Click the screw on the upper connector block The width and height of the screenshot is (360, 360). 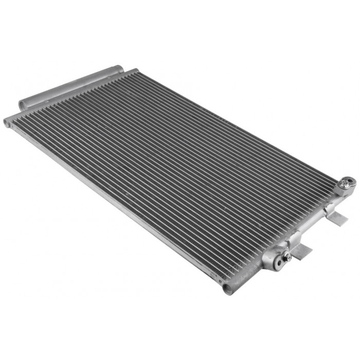(348, 181)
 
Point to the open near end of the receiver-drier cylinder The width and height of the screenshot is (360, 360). (23, 105)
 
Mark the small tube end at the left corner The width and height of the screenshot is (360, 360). (7, 123)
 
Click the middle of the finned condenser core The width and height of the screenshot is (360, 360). (175, 170)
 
